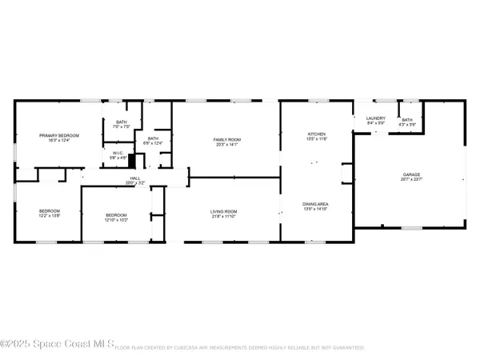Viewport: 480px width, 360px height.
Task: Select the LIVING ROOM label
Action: [x=226, y=213]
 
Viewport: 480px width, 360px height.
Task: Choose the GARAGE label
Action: [x=411, y=174]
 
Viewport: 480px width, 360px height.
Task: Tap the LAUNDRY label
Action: [x=376, y=118]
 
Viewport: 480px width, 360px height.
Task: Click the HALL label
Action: [x=135, y=178]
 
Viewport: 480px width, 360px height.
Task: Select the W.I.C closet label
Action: [x=117, y=153]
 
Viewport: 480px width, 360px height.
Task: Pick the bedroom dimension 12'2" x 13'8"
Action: [x=50, y=216]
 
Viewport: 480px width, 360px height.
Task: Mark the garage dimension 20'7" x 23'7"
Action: [x=411, y=179]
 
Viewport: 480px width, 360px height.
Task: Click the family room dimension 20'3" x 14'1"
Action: [x=226, y=145]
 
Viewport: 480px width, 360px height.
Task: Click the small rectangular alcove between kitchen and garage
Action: [x=346, y=174]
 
